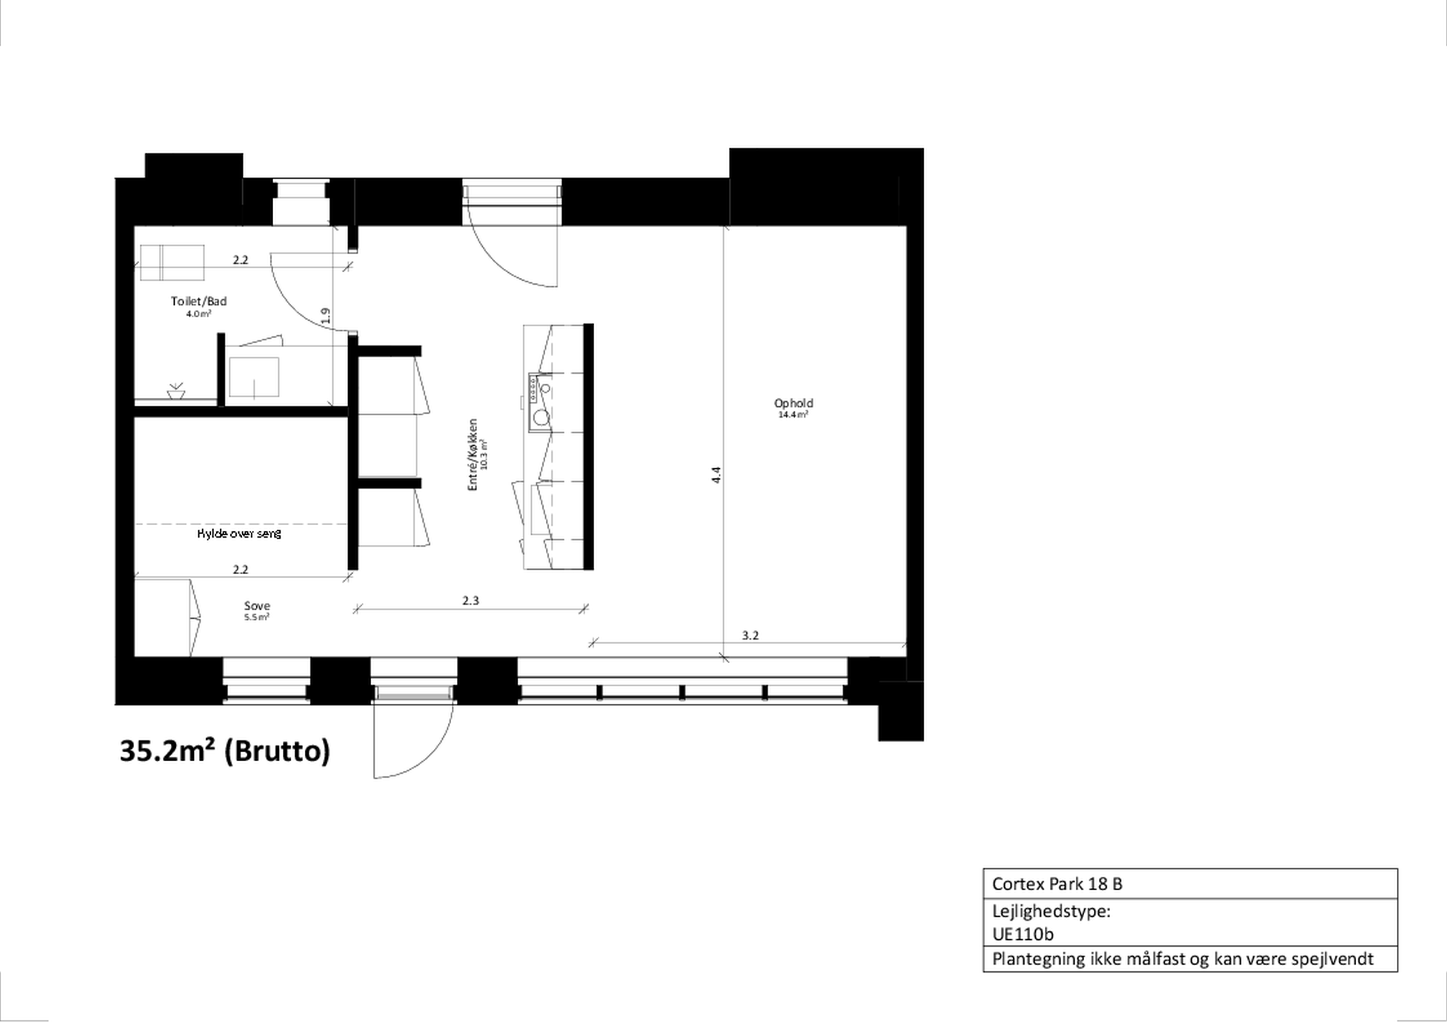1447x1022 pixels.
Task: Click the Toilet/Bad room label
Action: (x=198, y=301)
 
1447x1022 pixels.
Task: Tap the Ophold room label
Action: (x=794, y=403)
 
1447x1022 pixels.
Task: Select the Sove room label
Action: (x=257, y=606)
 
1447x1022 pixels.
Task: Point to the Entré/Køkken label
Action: (x=473, y=455)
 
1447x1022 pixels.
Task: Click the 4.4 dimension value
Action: (x=716, y=475)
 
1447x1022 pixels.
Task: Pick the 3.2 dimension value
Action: (x=750, y=636)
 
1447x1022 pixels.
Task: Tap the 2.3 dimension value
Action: (x=471, y=601)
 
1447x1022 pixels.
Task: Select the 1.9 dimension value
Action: (x=325, y=315)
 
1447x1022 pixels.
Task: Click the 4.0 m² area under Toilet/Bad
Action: (x=198, y=314)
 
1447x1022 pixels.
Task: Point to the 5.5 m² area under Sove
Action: (x=257, y=617)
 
